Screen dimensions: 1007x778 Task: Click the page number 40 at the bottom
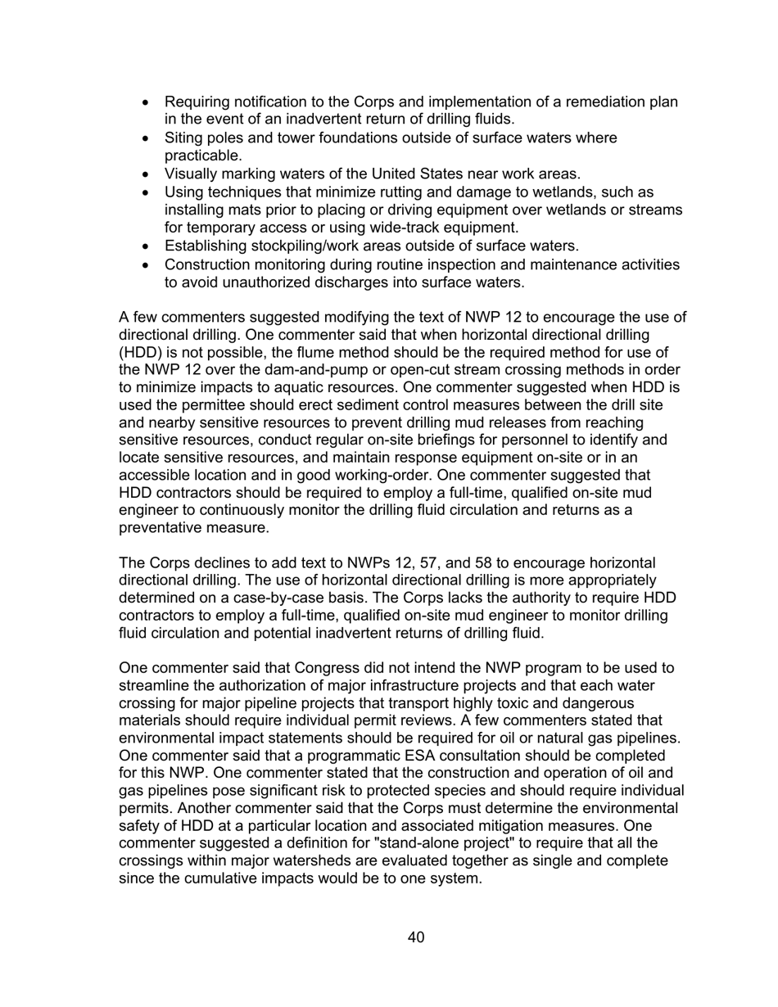415,937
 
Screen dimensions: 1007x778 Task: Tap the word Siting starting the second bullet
183,138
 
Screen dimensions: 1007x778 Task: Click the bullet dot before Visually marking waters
147,174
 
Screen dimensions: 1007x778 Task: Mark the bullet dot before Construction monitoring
147,264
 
